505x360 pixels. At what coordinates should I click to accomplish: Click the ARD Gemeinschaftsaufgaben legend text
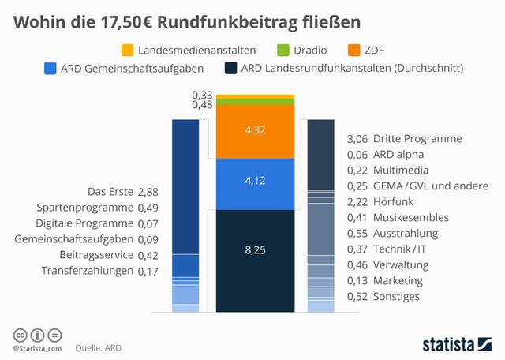click(130, 69)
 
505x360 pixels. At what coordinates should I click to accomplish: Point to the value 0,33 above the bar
click(202, 95)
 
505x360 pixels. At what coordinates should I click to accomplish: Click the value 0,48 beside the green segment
click(202, 105)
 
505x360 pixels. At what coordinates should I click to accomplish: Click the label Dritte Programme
click(417, 138)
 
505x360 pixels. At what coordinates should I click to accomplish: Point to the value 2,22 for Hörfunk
click(357, 201)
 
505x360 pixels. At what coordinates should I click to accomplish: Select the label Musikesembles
click(410, 217)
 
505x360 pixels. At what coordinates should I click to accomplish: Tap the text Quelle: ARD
click(99, 347)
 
